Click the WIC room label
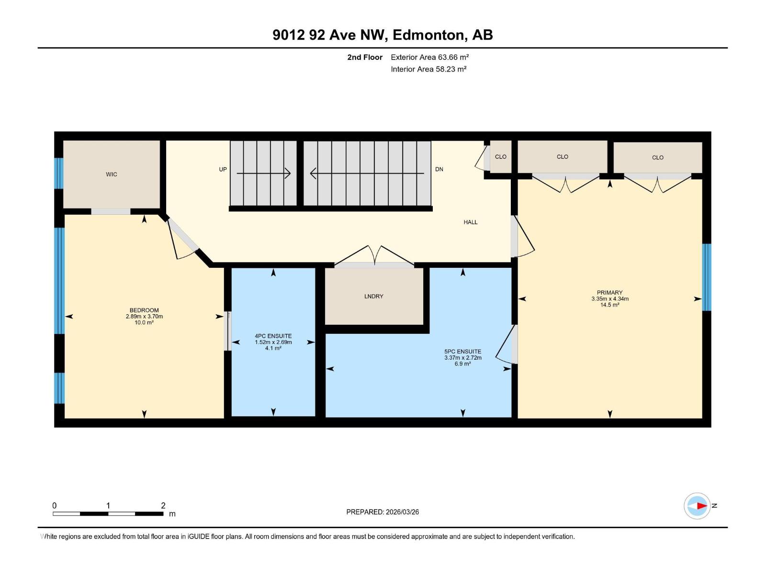(112, 175)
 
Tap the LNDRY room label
(373, 297)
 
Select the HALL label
(470, 222)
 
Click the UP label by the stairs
(223, 169)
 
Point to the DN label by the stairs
(439, 169)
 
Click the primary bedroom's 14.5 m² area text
(609, 305)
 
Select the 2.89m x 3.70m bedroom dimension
(144, 317)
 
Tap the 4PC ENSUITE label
(273, 336)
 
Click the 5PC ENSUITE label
(462, 352)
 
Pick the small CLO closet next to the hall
(500, 157)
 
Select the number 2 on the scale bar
(163, 506)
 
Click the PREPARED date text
(383, 512)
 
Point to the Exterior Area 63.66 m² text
(429, 57)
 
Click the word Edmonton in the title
(429, 35)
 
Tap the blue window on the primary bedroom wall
(707, 277)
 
